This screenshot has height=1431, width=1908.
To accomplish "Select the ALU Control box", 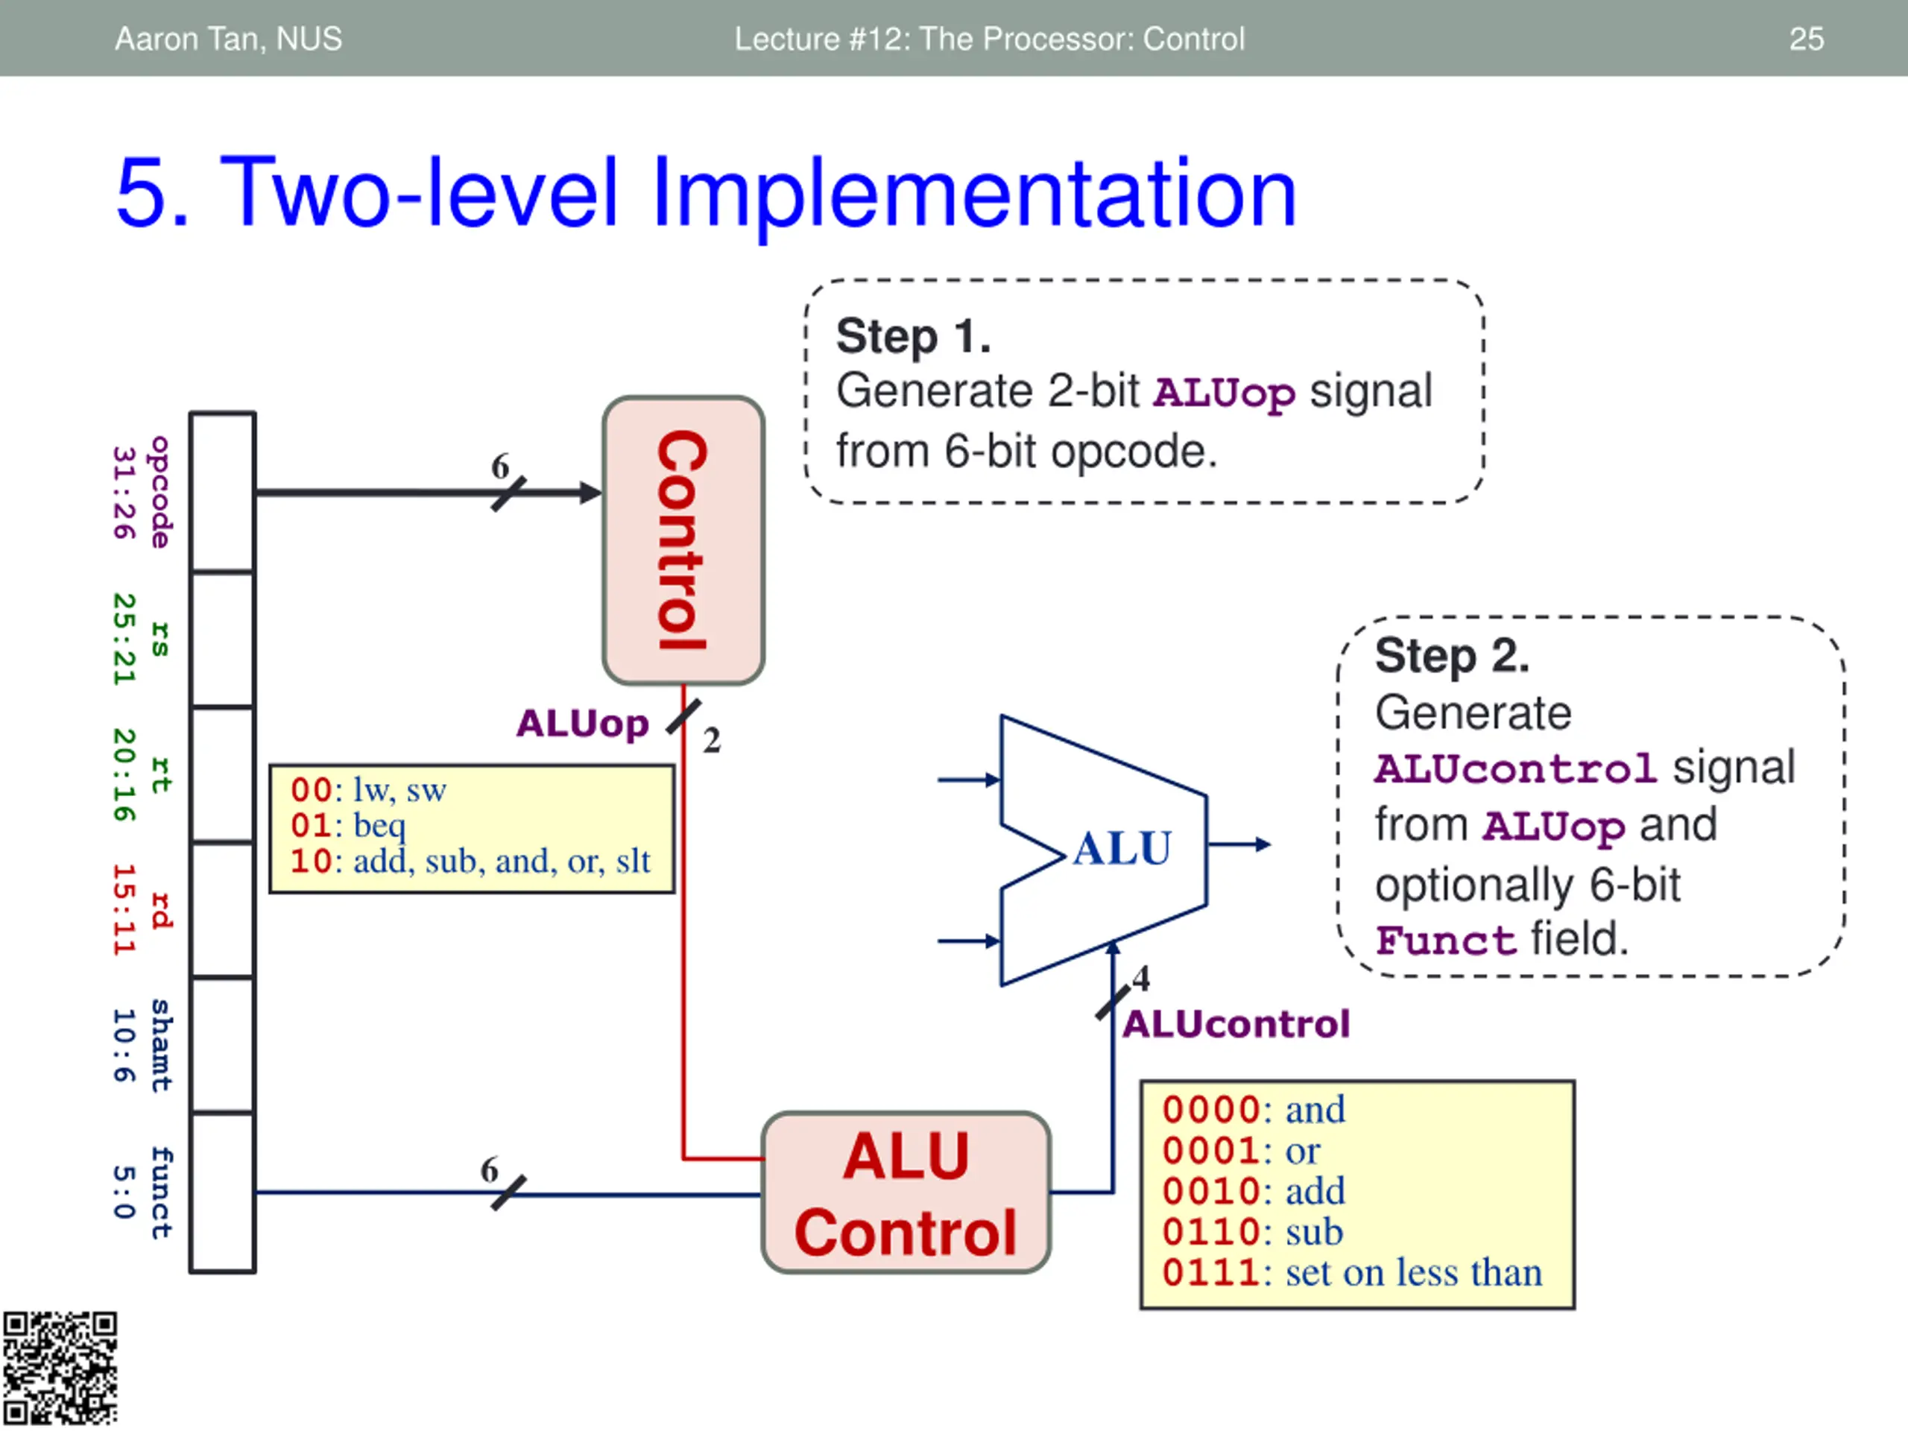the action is click(x=906, y=1192).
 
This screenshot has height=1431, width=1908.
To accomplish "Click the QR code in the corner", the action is click(x=60, y=1369).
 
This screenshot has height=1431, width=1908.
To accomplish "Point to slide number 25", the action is click(x=1806, y=39).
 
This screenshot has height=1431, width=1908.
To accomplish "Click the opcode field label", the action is click(x=160, y=492).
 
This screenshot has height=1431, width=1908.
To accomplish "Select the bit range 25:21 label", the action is click(x=125, y=639).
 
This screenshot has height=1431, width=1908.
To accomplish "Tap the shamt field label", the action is click(x=160, y=1046).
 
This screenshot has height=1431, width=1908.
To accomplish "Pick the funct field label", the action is click(x=160, y=1193).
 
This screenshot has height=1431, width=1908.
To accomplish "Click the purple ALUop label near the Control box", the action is click(x=582, y=724).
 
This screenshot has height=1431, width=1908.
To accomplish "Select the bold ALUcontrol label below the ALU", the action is click(x=1236, y=1024).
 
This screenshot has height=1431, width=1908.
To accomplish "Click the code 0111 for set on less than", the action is click(x=1210, y=1272).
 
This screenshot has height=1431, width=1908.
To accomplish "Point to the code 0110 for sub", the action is click(x=1210, y=1232).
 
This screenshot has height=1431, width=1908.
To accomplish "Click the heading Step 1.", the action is click(x=914, y=335).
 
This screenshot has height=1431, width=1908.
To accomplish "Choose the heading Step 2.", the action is click(x=1453, y=656).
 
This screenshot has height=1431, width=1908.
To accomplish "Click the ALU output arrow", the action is click(x=1239, y=844).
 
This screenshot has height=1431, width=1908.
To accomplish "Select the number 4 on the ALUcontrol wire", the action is click(x=1141, y=978).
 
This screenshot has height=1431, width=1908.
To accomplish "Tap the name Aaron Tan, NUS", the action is click(x=229, y=39).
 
